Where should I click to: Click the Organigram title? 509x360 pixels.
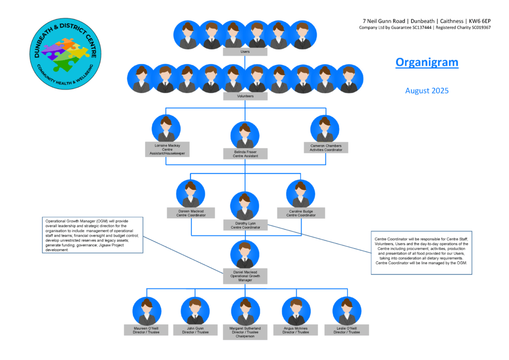(x=427, y=62)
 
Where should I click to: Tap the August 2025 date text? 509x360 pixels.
(x=427, y=90)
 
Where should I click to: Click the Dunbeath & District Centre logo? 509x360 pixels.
(x=65, y=54)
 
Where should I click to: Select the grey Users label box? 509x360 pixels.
(x=245, y=52)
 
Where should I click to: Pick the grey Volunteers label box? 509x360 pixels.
(x=246, y=96)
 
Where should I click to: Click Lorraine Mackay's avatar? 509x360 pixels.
(x=166, y=129)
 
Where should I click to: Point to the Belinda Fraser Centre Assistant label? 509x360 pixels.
(x=246, y=154)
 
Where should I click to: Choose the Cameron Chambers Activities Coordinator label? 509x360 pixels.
(x=326, y=148)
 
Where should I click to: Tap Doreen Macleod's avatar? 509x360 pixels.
(x=190, y=194)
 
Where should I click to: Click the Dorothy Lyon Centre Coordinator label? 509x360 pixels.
(x=246, y=225)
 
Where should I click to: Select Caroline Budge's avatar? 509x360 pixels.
(x=301, y=194)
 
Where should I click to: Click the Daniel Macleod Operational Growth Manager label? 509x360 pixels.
(x=246, y=276)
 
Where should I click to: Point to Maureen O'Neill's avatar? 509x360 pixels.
(x=147, y=311)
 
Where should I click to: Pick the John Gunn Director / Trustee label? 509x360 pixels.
(x=195, y=330)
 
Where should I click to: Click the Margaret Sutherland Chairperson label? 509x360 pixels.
(x=245, y=332)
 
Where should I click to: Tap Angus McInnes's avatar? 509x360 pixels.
(x=296, y=311)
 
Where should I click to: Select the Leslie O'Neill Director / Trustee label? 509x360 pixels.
(x=346, y=330)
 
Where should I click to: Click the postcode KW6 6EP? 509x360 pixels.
(x=480, y=21)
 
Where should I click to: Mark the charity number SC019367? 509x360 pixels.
(x=479, y=27)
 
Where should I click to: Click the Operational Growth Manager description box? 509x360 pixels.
(x=92, y=235)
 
